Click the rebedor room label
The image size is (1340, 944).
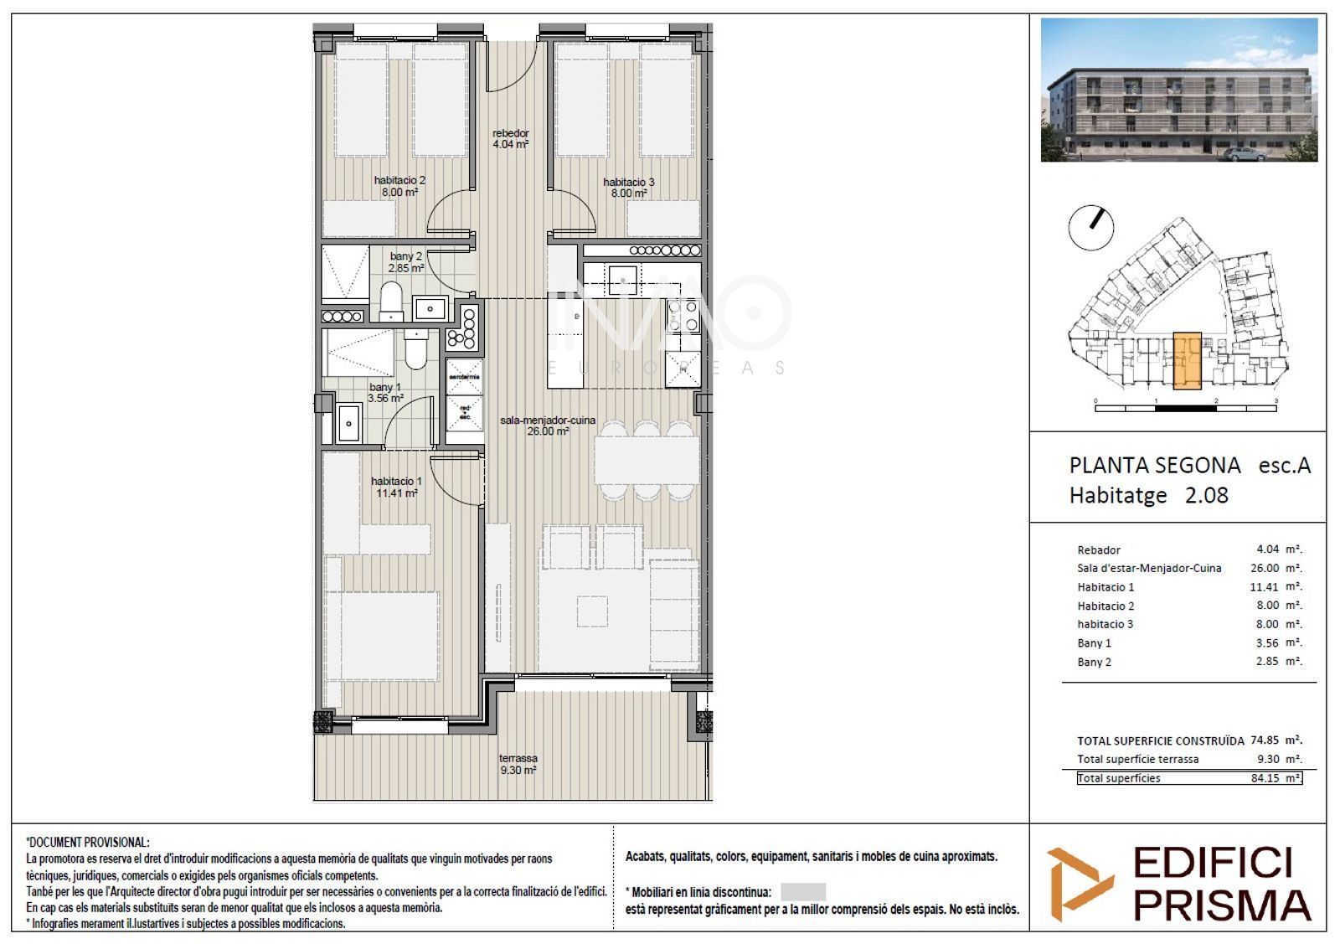(510, 138)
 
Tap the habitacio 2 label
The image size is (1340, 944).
(399, 186)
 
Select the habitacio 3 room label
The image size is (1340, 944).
(628, 188)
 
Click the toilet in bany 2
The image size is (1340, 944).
(390, 302)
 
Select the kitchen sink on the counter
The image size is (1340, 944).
(622, 275)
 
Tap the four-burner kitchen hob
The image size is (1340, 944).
(682, 317)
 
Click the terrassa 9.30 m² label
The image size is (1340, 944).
(518, 764)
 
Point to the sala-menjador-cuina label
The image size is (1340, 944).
(547, 426)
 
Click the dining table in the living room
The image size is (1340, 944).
(646, 460)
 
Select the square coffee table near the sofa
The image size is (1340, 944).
(592, 610)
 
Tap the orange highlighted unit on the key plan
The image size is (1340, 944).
(1187, 361)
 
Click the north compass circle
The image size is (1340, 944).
(1091, 226)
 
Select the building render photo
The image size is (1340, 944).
(1178, 90)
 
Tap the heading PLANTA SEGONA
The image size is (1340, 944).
(1154, 466)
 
